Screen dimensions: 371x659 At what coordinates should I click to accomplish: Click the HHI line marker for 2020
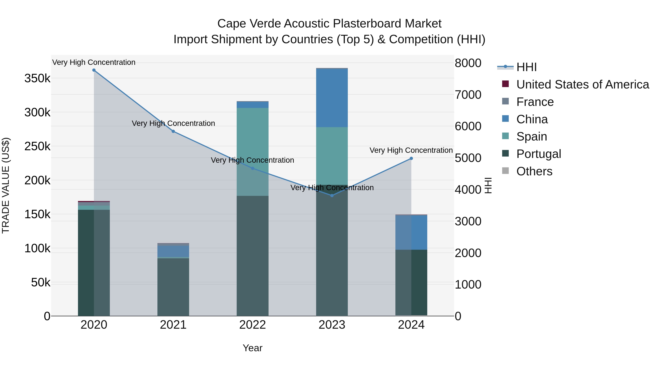coord(94,70)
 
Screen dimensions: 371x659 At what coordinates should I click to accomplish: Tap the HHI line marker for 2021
coord(173,131)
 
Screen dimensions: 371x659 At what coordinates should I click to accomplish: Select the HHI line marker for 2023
coord(332,196)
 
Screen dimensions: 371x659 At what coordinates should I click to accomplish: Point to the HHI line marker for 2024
coord(411,158)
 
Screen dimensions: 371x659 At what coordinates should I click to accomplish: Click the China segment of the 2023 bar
coord(332,98)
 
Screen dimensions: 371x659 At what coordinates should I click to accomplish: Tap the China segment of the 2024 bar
coord(411,232)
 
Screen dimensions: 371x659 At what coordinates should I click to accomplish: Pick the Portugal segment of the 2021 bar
coord(173,287)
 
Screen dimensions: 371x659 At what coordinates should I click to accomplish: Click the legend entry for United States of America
coord(582,84)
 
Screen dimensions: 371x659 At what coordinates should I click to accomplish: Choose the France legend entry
coord(535,102)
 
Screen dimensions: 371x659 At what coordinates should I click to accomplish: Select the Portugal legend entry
coord(539,154)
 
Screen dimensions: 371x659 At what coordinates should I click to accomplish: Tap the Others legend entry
coord(534,171)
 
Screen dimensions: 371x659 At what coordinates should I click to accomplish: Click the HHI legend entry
coord(526,67)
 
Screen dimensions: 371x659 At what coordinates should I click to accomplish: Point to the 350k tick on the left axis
coord(38,78)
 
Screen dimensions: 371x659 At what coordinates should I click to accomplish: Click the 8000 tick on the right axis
coord(468,63)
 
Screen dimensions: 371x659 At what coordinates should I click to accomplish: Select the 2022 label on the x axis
coord(252,325)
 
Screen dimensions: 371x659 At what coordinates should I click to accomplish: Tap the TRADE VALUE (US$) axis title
coord(6,185)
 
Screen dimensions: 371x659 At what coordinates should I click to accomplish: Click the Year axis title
coord(252,348)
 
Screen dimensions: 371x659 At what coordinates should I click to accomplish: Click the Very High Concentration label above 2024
coord(411,150)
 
